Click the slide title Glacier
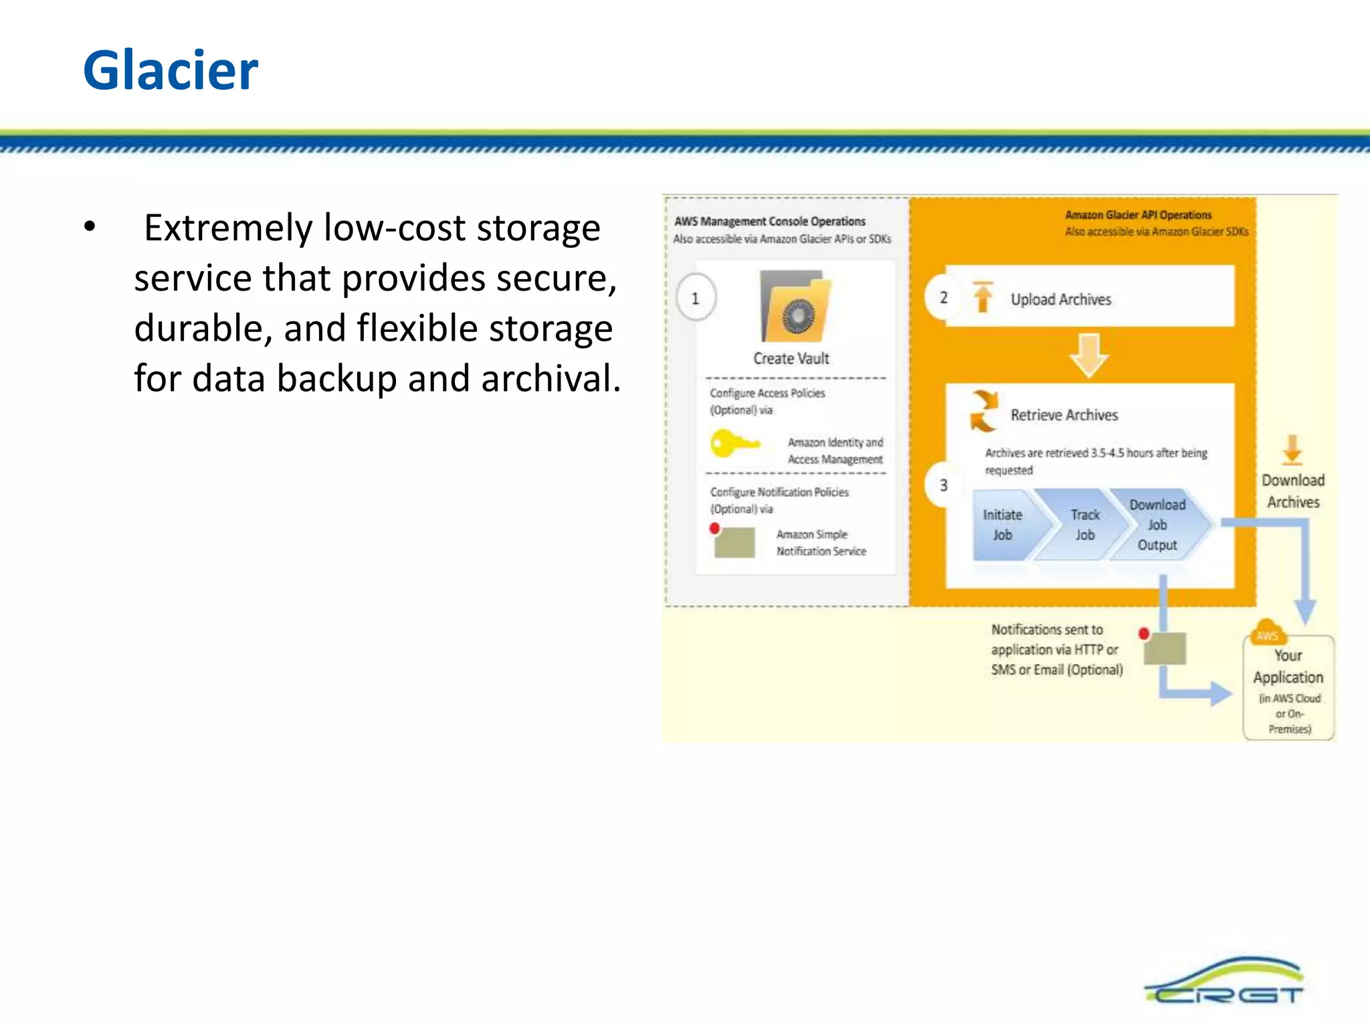point(171,70)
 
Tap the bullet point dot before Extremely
point(90,228)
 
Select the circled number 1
point(696,298)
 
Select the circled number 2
point(943,297)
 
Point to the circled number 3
point(943,485)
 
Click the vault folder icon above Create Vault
point(795,307)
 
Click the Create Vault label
point(791,359)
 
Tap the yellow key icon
point(732,443)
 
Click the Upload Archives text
point(1061,299)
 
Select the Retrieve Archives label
point(1064,415)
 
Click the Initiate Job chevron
point(1003,525)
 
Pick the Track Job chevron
point(1084,525)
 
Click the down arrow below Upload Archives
point(1088,355)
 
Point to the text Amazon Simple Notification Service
point(821,543)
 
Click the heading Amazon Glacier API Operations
point(1138,215)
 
